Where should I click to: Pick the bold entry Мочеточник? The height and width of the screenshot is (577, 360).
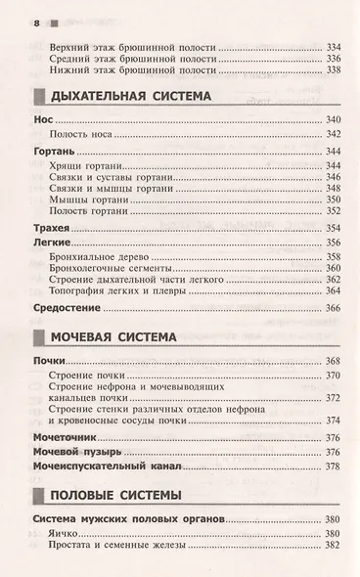pos(64,436)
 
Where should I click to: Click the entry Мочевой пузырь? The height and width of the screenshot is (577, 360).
pos(75,452)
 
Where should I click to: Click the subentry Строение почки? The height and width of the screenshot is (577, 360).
pos(96,377)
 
